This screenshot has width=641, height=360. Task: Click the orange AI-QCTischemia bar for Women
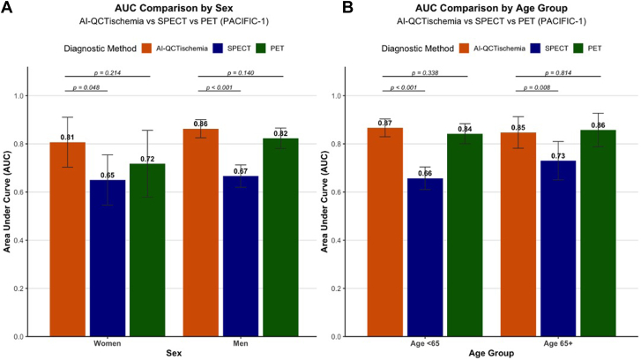68,239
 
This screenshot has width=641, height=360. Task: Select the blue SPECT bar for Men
241,256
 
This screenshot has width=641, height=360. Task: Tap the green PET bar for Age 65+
598,233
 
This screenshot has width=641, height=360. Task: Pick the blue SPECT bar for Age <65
425,258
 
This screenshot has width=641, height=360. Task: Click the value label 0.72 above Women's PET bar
147,159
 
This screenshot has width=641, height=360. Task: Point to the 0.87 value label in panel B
385,124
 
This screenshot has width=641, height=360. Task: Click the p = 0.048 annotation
86,87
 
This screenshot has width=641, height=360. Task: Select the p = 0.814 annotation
558,73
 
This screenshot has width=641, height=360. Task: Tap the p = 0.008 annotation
537,87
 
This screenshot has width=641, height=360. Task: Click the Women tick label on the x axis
107,343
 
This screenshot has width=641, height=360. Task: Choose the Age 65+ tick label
558,343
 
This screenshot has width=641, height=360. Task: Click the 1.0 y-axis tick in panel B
336,95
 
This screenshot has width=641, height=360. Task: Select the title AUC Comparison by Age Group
491,8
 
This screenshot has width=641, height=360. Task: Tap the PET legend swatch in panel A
261,49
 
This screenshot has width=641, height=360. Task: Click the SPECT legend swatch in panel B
536,49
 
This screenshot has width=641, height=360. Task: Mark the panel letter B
347,7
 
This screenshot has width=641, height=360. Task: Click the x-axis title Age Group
491,353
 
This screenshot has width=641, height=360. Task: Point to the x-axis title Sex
174,353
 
